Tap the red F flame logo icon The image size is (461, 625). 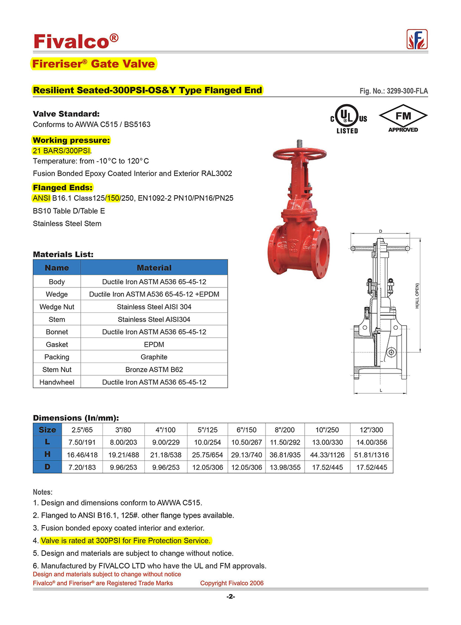pos(417,40)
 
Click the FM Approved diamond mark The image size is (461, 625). pos(403,118)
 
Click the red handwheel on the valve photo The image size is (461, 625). pos(299,154)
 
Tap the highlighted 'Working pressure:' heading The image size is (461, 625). pos(71,140)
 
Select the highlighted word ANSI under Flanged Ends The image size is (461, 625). pos(41,198)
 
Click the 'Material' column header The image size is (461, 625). pos(154,268)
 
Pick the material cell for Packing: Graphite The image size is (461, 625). pos(154,357)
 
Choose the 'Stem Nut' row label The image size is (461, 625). pos(57,369)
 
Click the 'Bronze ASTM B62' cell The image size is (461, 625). pos(154,369)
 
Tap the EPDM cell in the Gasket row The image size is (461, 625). pos(154,345)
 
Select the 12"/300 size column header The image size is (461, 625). pos(371,430)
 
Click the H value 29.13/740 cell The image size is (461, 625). pos(246,455)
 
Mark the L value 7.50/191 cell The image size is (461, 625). pos(82,442)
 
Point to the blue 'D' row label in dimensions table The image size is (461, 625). pos(47,467)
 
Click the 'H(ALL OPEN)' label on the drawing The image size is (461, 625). pos(417,296)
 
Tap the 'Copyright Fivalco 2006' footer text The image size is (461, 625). pos(231,583)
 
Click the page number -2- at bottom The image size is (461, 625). pos(230,596)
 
